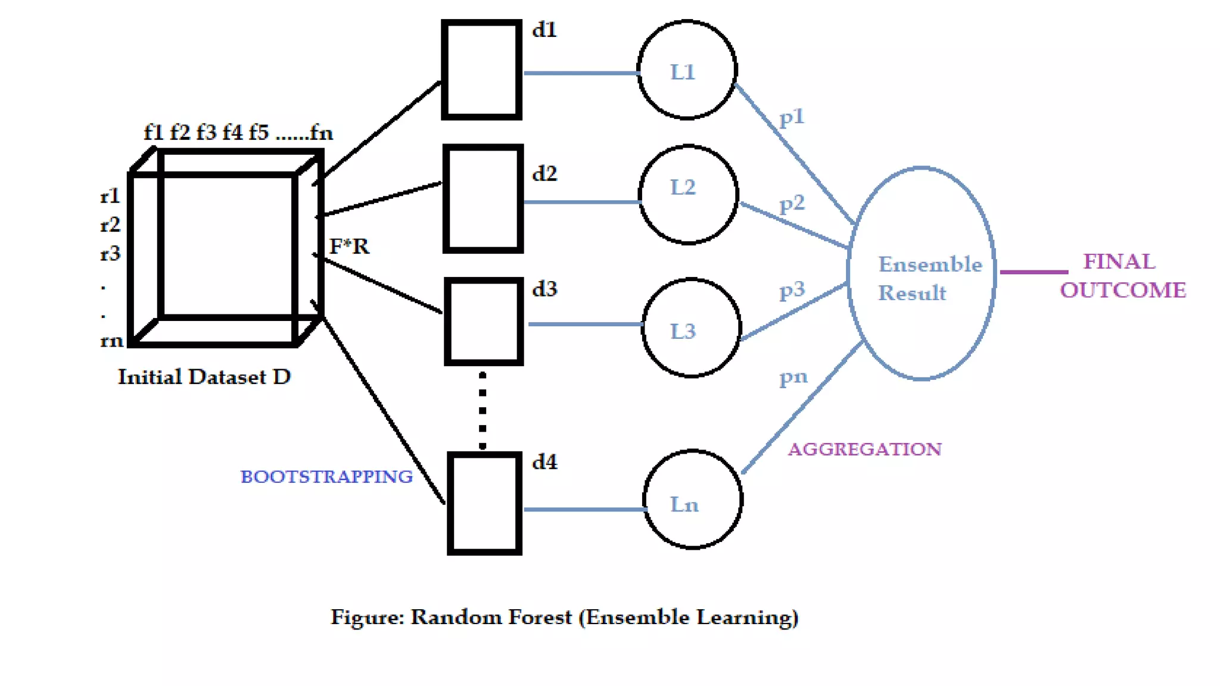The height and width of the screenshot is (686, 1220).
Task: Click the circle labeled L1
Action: coord(687,70)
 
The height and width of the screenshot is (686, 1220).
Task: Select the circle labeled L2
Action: coord(688,195)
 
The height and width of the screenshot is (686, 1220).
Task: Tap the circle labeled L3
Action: coord(691,328)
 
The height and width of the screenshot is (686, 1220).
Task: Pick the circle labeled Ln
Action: coord(692,500)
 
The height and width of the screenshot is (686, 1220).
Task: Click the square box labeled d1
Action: coord(481,70)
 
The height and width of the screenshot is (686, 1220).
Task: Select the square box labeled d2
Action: coord(483,198)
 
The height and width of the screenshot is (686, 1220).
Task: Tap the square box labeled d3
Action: coord(484,322)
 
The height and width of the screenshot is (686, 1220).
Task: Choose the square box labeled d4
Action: coord(484,504)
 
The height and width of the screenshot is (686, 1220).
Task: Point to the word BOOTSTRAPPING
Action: coord(326,476)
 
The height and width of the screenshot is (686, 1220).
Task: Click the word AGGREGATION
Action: coord(864,449)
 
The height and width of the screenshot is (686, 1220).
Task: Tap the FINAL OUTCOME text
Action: coord(1122,276)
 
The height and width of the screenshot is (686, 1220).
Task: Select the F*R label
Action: coord(349,246)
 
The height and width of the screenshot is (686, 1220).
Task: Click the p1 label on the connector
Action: coord(792,117)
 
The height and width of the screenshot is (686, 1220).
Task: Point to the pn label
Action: coord(793,377)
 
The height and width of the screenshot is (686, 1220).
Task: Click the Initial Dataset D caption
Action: coord(204,377)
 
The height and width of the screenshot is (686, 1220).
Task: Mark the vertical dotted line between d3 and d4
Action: coord(483,410)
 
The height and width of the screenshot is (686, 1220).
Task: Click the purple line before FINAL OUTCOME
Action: coord(1034,272)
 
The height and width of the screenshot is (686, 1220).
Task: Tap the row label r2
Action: coord(110,224)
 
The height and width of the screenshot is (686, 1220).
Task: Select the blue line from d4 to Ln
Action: coord(584,509)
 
